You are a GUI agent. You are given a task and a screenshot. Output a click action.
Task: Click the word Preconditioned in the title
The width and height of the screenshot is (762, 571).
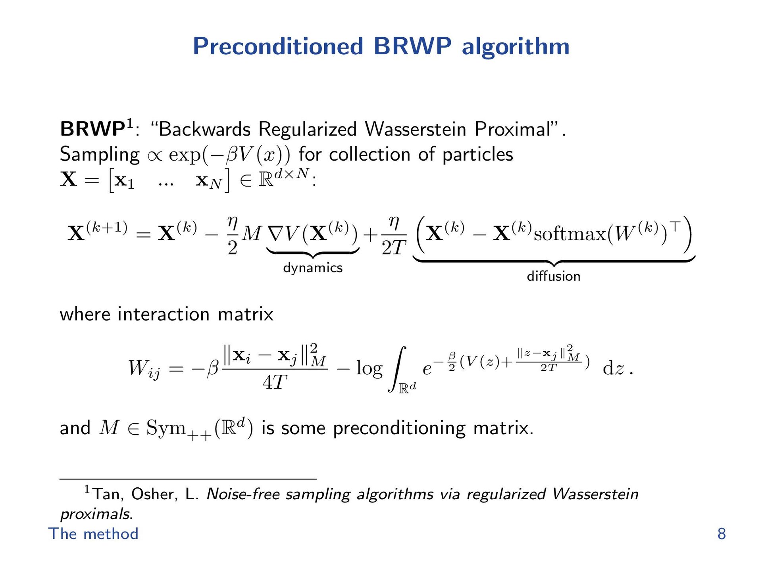pos(278,46)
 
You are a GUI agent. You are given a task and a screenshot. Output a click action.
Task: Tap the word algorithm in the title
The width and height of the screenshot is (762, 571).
pos(516,46)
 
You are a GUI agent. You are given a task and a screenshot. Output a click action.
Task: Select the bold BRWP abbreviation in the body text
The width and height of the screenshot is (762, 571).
pos(92,129)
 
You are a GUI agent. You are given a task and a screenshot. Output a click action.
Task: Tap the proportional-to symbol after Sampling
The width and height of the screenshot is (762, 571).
pos(155,156)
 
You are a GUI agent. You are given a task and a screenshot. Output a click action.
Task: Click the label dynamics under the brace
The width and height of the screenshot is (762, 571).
pos(313,268)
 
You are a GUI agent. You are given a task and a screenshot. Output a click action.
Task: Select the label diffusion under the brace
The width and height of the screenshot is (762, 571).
pos(553,276)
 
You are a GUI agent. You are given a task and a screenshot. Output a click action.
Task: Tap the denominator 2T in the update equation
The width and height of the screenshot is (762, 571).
pos(394,248)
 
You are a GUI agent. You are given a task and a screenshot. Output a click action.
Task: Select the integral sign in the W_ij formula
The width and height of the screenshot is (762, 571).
pos(397,369)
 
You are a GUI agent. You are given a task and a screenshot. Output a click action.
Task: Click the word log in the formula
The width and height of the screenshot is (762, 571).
pos(369,368)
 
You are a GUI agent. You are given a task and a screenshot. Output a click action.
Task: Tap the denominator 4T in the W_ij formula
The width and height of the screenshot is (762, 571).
pos(275,382)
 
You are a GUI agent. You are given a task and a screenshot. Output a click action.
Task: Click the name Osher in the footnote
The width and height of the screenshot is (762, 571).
pos(153,494)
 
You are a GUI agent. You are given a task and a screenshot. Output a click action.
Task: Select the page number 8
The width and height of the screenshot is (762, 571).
pos(722,534)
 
